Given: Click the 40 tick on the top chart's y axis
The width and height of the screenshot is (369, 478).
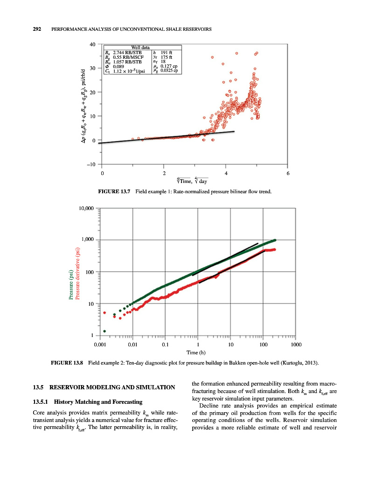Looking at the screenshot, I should coord(92,45).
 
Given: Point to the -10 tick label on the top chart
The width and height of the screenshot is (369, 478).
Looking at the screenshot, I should coord(91,164).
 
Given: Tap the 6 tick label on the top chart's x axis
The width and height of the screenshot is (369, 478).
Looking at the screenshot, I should coord(288,174).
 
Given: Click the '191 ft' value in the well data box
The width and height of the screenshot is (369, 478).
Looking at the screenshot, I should coord(167,52).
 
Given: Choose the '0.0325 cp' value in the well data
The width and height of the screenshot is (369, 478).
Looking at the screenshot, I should coord(170,71).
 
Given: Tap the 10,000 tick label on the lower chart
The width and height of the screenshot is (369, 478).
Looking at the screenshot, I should coord(84,208).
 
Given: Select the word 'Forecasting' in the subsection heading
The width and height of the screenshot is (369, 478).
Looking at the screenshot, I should coord(127,401).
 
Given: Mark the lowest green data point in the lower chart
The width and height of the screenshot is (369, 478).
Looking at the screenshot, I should coord(104,331).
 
